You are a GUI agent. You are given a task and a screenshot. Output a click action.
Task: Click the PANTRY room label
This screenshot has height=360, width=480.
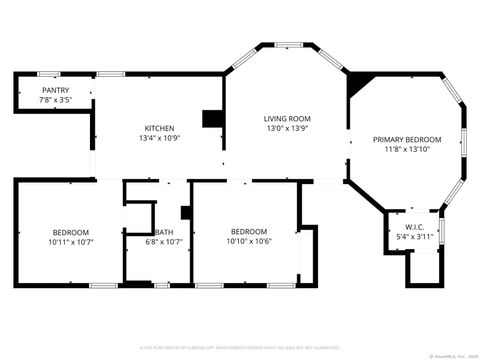click(x=55, y=90)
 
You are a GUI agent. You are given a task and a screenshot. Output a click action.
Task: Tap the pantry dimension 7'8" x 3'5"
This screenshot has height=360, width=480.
click(x=55, y=100)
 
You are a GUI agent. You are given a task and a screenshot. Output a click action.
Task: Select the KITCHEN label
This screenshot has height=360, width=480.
click(x=159, y=128)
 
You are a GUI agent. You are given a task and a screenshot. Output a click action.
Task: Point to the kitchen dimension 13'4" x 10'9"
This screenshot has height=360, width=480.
click(x=159, y=138)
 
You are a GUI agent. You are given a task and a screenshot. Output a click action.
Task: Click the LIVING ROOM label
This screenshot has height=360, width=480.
click(x=286, y=118)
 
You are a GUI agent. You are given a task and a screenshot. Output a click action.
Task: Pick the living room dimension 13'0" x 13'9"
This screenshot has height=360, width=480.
click(x=286, y=128)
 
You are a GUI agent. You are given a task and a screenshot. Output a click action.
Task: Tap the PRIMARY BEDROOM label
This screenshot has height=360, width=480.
click(x=407, y=139)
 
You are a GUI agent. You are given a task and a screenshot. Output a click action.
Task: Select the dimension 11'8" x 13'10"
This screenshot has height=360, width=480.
click(x=407, y=149)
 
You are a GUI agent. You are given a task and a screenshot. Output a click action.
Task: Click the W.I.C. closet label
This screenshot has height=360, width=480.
click(x=415, y=227)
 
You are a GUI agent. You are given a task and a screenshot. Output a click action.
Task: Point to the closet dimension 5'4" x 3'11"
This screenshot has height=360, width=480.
click(x=415, y=237)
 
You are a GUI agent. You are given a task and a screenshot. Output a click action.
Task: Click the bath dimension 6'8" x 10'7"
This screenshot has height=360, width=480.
click(x=163, y=241)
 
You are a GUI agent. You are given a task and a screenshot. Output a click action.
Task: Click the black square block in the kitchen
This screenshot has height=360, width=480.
click(x=212, y=118)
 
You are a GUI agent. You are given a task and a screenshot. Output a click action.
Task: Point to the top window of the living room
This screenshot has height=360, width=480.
click(x=288, y=44)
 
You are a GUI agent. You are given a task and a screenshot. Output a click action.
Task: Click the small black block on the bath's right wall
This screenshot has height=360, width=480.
click(x=185, y=212)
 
